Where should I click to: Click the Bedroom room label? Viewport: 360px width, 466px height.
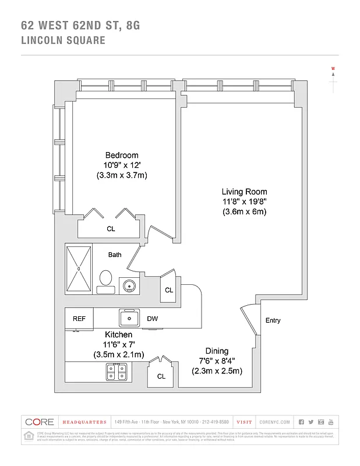pyautogui.click(x=122, y=155)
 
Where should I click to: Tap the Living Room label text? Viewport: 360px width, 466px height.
pyautogui.click(x=244, y=192)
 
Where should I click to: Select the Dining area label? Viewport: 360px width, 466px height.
pyautogui.click(x=217, y=351)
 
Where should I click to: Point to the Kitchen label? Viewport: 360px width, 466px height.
pyautogui.click(x=118, y=335)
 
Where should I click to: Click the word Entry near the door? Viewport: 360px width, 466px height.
pyautogui.click(x=273, y=320)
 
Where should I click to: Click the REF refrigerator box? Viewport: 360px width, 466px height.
pyautogui.click(x=79, y=319)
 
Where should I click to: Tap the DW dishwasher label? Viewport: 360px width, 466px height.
pyautogui.click(x=152, y=319)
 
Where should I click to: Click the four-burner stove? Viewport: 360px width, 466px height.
pyautogui.click(x=117, y=371)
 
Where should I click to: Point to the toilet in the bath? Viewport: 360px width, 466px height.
pyautogui.click(x=105, y=280)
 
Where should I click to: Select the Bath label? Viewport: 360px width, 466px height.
pyautogui.click(x=115, y=255)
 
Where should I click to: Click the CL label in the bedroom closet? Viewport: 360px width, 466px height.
pyautogui.click(x=111, y=229)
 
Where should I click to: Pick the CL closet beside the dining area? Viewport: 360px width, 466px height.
pyautogui.click(x=161, y=376)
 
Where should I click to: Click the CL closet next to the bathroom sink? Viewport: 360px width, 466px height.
pyautogui.click(x=169, y=290)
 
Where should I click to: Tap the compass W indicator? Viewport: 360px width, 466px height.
pyautogui.click(x=333, y=69)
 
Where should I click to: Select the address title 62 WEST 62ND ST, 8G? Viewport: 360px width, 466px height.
pyautogui.click(x=80, y=25)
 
